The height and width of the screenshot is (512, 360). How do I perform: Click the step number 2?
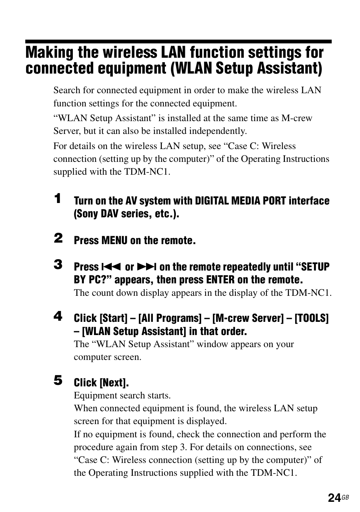pos(58,238)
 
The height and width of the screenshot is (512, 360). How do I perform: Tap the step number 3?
pos(58,264)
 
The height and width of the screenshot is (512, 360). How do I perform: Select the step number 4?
pos(58,316)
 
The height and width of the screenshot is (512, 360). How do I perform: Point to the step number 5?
pos(58,380)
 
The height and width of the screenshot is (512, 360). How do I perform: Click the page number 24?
pos(334,498)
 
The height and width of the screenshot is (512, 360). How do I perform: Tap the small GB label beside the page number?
pos(345,498)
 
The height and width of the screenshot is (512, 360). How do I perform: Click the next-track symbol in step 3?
pos(146,267)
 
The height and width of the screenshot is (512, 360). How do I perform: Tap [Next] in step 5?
pos(114,383)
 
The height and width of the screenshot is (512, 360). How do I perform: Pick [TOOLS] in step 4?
pos(311,318)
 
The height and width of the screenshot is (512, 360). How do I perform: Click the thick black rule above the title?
pos(178,42)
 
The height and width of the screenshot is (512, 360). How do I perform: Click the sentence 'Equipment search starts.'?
pos(122,395)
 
